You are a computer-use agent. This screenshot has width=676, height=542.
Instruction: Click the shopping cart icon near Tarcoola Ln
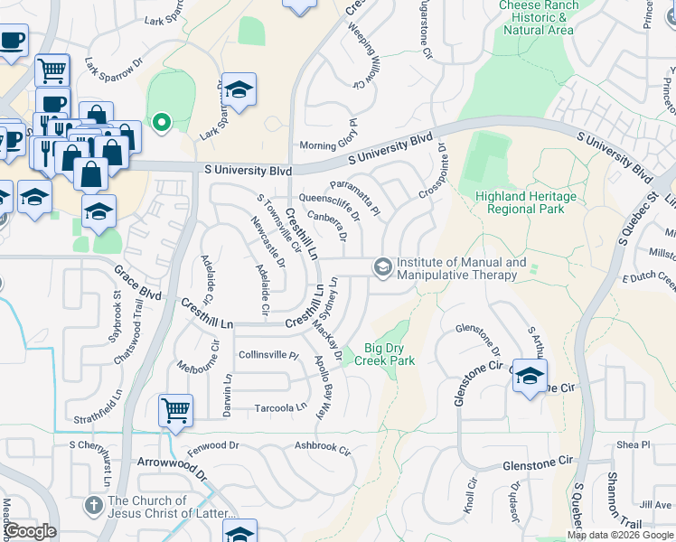[175, 411]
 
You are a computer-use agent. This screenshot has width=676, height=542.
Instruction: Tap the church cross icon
[93, 503]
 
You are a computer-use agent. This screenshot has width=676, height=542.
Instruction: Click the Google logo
[29, 531]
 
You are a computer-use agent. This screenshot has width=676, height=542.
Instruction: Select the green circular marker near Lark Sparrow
[162, 121]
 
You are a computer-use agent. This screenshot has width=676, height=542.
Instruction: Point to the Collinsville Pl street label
[268, 355]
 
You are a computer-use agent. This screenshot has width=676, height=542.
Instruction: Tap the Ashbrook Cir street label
[322, 447]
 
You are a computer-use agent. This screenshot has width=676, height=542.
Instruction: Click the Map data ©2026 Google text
[620, 535]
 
